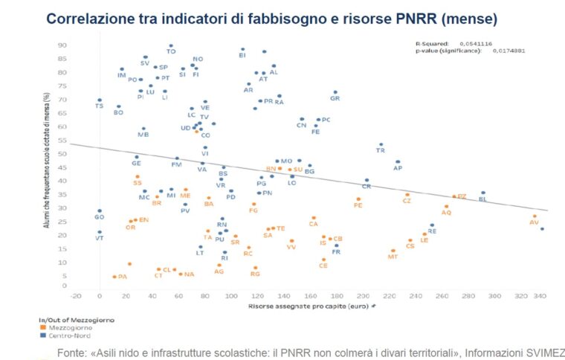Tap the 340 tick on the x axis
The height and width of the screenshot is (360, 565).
click(x=540, y=296)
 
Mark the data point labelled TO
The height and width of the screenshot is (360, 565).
click(x=171, y=45)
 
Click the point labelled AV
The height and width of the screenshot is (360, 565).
click(x=535, y=216)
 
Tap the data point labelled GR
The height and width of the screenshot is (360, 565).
click(x=335, y=92)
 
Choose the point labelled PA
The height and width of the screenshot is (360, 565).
click(x=114, y=277)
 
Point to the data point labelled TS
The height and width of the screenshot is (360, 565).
click(x=100, y=100)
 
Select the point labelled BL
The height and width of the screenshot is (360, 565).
click(x=482, y=193)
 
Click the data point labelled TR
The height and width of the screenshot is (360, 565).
click(x=381, y=144)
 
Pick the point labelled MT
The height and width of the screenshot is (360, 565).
click(x=393, y=251)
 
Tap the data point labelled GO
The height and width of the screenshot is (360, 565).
click(x=100, y=210)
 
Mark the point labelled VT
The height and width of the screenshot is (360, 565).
click(x=100, y=232)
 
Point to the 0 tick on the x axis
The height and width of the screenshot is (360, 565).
click(x=100, y=296)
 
